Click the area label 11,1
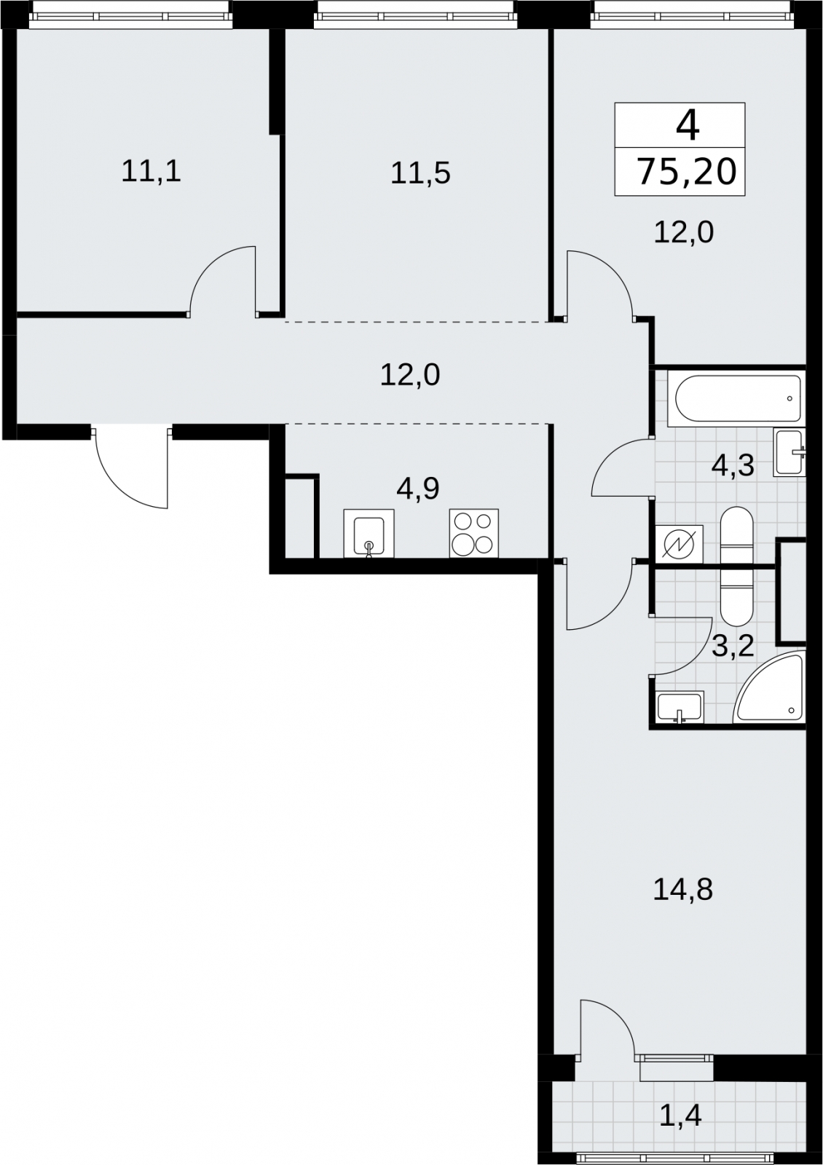pos(151,171)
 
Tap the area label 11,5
pos(420,173)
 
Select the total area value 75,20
pos(688,172)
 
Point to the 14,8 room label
pos(682,890)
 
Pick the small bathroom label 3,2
pos(733,647)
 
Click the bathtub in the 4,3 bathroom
pos(736,399)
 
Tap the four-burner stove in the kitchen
pos(474,534)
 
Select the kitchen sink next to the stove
pos(369,534)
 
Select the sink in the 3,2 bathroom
pos(680,707)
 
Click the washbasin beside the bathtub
pos(789,452)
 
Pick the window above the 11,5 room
pos(416,15)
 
